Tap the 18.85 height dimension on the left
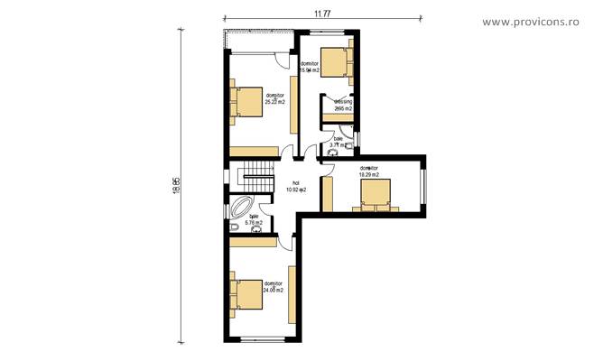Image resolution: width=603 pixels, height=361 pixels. (x=178, y=183)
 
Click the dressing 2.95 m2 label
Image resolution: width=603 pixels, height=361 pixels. (x=343, y=106)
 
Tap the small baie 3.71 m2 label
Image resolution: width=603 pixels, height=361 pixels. (x=339, y=142)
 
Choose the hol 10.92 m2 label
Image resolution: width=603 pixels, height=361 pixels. (x=296, y=187)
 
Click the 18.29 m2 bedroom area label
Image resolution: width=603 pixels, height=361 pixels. (x=369, y=171)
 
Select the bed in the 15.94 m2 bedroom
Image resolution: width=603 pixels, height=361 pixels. (x=336, y=60)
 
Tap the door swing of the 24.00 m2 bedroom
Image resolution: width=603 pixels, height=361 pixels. (x=286, y=236)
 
